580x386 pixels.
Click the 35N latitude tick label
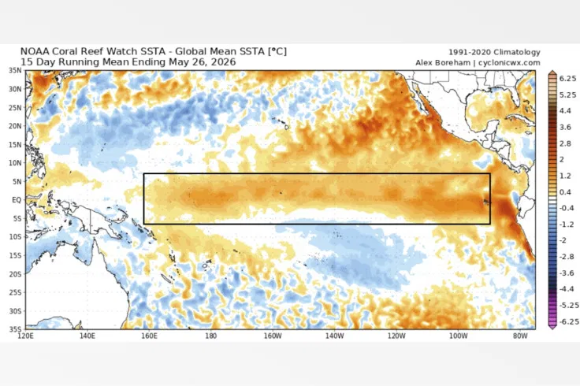point(15,70)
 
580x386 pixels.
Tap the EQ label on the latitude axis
point(17,200)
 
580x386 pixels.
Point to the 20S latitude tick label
point(15,274)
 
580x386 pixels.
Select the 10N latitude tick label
point(15,163)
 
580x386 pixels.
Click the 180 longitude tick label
point(210,336)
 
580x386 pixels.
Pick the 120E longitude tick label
point(25,336)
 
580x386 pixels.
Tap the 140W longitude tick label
point(335,336)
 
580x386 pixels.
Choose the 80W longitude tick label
point(520,336)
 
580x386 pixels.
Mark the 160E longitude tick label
point(149,336)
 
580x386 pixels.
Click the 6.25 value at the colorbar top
point(568,79)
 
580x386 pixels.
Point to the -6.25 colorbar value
point(568,321)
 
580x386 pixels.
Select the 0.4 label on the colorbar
point(566,192)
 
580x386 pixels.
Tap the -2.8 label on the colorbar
point(567,257)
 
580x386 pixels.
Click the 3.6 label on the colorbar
point(566,127)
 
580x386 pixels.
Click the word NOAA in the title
point(35,51)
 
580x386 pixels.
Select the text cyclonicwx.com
point(509,63)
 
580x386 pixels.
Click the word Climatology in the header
point(517,53)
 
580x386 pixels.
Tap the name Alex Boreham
point(443,63)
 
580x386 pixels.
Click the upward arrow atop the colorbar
point(552,72)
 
